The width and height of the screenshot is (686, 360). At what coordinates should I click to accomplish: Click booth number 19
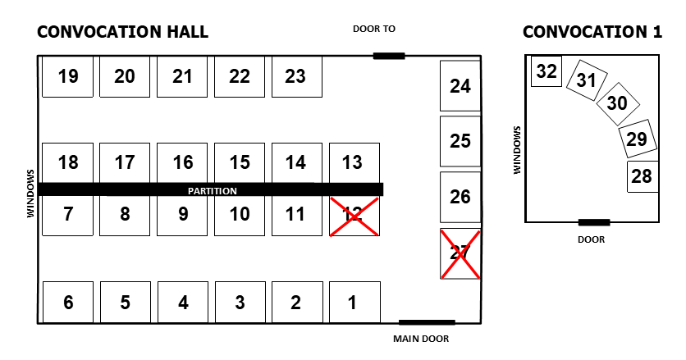(68, 76)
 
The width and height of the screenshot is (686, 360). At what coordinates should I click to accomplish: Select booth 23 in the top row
(296, 76)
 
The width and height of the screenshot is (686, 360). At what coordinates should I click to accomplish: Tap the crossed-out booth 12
(354, 216)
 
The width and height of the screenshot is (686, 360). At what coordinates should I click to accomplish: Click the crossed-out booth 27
(460, 253)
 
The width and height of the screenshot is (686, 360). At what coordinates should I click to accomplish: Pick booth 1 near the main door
(354, 303)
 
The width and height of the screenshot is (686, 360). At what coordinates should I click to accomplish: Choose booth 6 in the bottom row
(68, 303)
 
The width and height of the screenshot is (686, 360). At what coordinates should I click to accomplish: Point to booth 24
(460, 85)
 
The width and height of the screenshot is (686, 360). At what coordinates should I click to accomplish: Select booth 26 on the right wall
(460, 197)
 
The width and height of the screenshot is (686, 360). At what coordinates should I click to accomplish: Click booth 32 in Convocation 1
(546, 72)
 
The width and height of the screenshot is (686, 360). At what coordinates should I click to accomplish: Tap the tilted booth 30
(617, 103)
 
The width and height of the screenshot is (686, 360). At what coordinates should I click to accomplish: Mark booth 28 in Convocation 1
(643, 176)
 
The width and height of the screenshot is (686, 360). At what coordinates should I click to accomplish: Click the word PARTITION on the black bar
(213, 190)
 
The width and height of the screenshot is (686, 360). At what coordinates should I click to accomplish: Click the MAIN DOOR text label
(421, 338)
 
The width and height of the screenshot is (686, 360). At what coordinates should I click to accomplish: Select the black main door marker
(427, 322)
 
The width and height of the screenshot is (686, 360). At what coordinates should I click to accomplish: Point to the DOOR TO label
(374, 29)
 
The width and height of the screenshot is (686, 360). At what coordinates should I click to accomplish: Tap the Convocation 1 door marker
(594, 222)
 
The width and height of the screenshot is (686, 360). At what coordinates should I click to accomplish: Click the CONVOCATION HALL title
(123, 32)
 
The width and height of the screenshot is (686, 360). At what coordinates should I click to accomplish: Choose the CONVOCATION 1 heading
(592, 32)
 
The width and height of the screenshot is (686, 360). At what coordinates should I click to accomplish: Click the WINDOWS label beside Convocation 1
(517, 150)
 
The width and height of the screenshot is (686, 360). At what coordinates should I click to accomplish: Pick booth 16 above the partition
(183, 162)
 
